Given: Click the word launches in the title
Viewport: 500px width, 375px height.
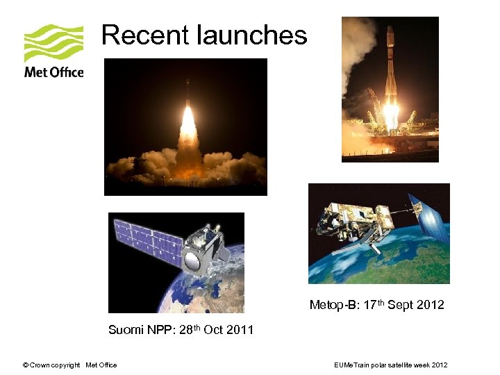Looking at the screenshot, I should click(x=251, y=35).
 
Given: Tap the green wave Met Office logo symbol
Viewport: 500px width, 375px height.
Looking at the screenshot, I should click(x=53, y=43).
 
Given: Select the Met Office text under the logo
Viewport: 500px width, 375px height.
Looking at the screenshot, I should click(x=53, y=72).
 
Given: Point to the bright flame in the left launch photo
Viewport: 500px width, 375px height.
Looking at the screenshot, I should click(x=187, y=128).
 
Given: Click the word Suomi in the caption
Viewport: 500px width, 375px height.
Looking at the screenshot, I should click(x=125, y=330).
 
